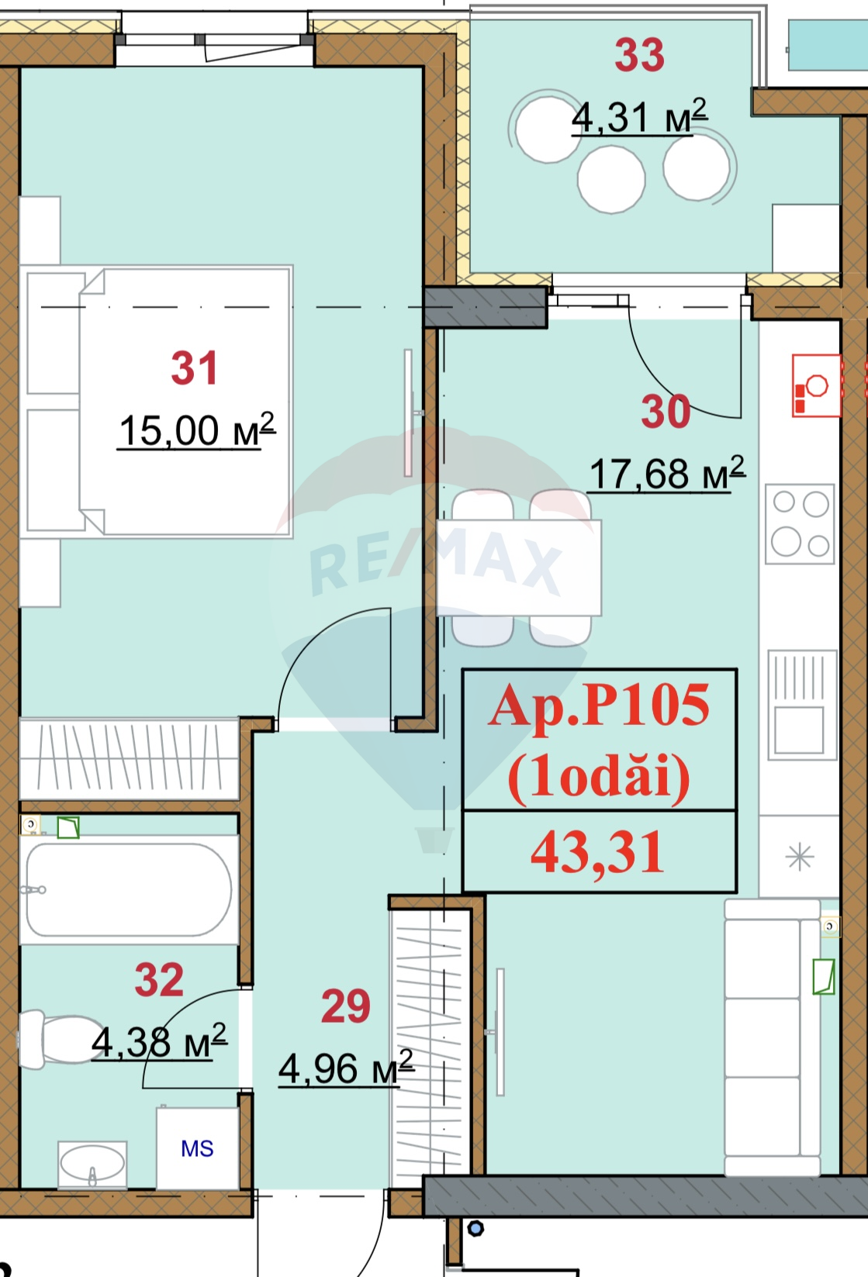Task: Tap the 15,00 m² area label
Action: (x=196, y=430)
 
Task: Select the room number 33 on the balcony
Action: (x=639, y=56)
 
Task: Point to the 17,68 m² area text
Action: (x=667, y=473)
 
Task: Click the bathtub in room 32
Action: (x=129, y=889)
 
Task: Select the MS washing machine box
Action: (x=197, y=1148)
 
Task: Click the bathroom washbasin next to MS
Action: (x=92, y=1163)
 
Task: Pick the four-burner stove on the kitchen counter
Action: (x=800, y=523)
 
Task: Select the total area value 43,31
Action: (x=598, y=852)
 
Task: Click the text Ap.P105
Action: (x=598, y=706)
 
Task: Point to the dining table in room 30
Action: (x=519, y=568)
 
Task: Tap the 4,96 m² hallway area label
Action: (x=345, y=1069)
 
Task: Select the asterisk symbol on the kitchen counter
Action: (x=799, y=857)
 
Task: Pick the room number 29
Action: (x=345, y=1006)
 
